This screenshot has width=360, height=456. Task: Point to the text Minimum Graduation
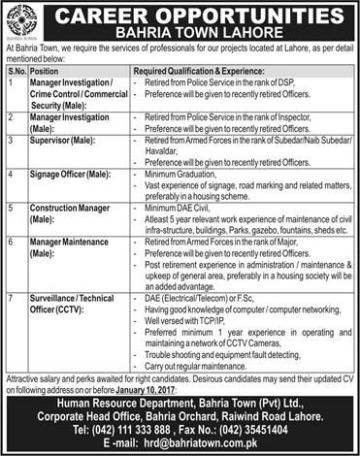pyautogui.click(x=176, y=175)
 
